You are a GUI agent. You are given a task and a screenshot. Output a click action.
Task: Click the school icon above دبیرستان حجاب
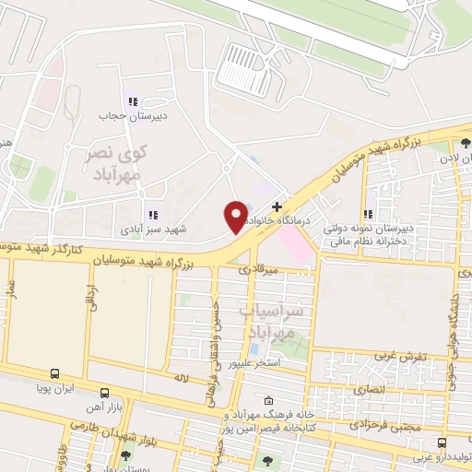tap(131, 101)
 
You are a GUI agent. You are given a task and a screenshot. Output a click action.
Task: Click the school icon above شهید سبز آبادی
tap(153, 215)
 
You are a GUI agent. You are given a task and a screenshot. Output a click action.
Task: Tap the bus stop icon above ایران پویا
tap(55, 374)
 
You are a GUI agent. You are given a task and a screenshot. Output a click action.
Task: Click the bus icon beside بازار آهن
tap(104, 392)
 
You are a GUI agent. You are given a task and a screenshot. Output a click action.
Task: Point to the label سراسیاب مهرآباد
tap(271, 323)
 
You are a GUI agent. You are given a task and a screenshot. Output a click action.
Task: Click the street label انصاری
tap(381, 390)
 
